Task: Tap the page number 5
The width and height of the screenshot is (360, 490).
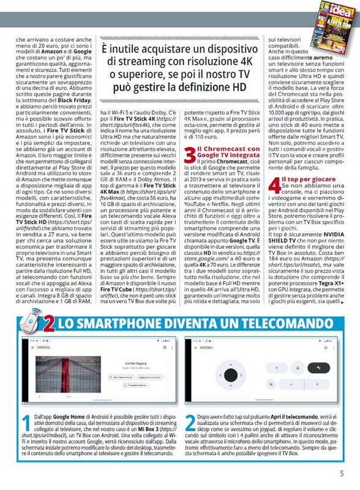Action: pyautogui.click(x=342, y=473)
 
